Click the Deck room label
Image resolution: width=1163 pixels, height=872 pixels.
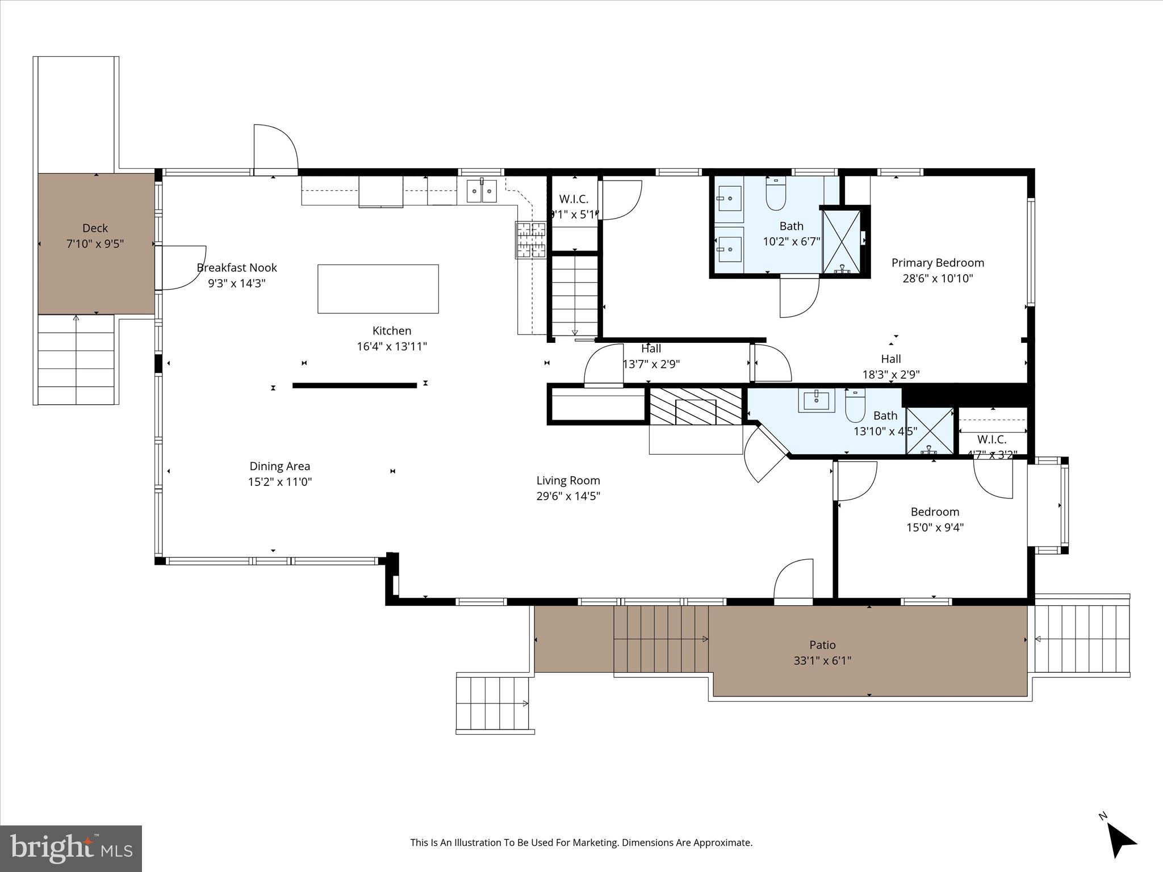tap(95, 228)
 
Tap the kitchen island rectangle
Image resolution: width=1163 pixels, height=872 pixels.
tap(378, 288)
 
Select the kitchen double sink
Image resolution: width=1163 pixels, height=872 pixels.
tap(482, 191)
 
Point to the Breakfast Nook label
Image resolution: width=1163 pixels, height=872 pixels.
tap(237, 267)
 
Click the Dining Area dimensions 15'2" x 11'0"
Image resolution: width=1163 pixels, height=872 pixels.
tap(280, 482)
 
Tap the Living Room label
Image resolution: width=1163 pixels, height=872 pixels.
tap(568, 480)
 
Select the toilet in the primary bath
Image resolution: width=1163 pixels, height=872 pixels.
tap(775, 195)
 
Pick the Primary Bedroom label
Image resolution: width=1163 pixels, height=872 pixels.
tap(938, 263)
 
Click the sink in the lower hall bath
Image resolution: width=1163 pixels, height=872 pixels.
tap(817, 400)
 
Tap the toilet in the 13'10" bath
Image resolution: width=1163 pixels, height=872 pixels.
tap(855, 404)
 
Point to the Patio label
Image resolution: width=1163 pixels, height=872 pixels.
tap(822, 645)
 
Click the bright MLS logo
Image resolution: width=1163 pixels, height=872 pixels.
tap(71, 848)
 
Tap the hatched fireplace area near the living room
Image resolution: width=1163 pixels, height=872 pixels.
tap(696, 406)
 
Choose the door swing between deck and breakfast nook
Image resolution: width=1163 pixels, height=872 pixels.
tap(183, 267)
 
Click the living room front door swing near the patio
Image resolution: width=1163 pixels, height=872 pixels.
tap(794, 580)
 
